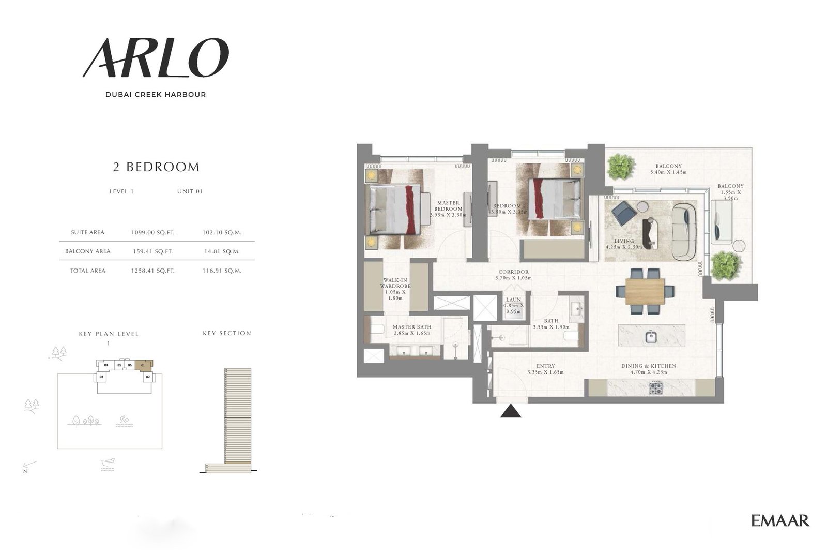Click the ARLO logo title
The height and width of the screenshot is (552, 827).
(x=155, y=58)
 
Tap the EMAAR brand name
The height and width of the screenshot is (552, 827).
(x=780, y=520)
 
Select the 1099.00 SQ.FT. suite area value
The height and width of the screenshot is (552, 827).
(x=152, y=233)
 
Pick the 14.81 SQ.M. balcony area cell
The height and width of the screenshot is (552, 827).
(x=222, y=251)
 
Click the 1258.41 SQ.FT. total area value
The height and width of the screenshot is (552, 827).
(x=152, y=271)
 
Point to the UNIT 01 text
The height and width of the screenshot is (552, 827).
(x=190, y=191)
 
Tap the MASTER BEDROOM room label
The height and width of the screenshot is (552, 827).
(x=448, y=206)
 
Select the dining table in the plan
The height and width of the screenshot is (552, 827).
(x=645, y=291)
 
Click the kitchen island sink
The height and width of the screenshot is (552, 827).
(x=651, y=337)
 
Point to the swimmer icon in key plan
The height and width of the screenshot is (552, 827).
(x=122, y=422)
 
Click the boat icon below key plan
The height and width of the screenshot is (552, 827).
(x=108, y=464)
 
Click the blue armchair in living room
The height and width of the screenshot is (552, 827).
(x=624, y=211)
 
